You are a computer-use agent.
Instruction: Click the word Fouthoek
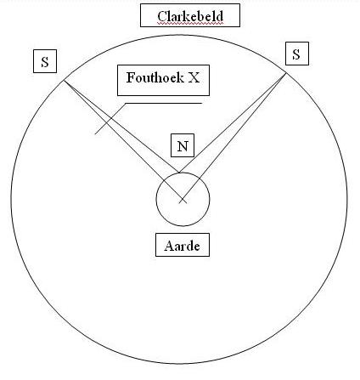[155, 77]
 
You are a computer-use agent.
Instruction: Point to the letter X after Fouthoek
[194, 77]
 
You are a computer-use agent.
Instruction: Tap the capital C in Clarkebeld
[162, 16]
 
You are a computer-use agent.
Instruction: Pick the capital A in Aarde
[169, 246]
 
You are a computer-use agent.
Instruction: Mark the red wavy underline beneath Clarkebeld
[190, 24]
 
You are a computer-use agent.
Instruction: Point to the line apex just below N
[178, 172]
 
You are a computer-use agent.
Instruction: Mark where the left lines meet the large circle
[64, 81]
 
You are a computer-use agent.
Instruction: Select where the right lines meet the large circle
[286, 73]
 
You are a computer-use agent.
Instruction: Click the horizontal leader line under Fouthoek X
[164, 103]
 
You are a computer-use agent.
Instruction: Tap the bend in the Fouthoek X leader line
[126, 103]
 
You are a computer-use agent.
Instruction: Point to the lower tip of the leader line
[95, 133]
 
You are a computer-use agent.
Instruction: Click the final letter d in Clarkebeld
[220, 16]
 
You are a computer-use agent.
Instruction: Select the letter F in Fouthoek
[130, 77]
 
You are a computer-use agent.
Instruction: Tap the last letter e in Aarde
[196, 247]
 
